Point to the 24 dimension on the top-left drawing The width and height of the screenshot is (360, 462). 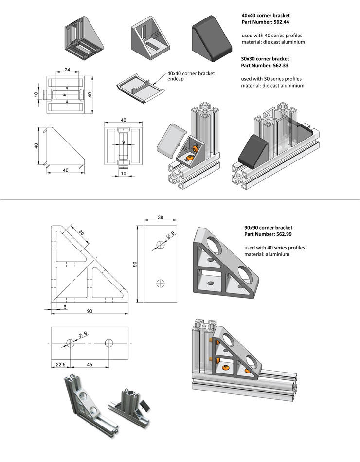click(67, 70)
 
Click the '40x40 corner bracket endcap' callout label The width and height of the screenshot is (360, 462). click(190, 76)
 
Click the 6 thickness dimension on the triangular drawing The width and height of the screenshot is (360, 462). click(65, 307)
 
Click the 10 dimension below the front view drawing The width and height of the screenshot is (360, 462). click(124, 174)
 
